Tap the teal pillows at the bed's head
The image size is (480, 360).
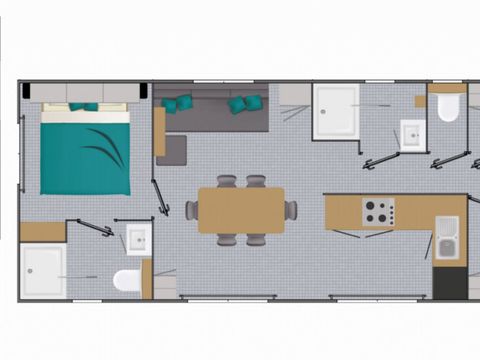[84, 106]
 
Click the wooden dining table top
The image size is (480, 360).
[240, 210]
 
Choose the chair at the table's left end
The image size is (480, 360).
[191, 210]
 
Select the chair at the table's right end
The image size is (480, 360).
[290, 210]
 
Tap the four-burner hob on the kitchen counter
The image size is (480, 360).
[377, 211]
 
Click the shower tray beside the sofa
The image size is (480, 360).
[335, 111]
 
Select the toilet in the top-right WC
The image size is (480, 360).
[448, 107]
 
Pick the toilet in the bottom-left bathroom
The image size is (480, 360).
[126, 279]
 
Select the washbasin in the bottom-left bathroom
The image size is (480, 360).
[137, 239]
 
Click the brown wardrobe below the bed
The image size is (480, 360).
[42, 232]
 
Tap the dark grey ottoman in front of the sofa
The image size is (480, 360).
[171, 149]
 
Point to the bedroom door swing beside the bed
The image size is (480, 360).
[159, 197]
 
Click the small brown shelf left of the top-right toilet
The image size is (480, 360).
[420, 101]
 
